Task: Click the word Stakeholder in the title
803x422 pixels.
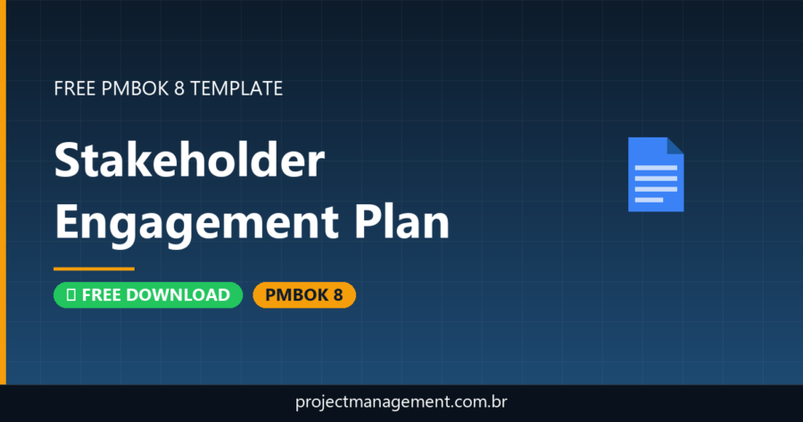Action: pos(188,161)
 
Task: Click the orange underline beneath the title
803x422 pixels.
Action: pos(94,268)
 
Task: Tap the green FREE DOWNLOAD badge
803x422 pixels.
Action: pos(148,295)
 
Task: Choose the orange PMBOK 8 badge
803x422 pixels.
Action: pos(304,295)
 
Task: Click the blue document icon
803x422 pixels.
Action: pos(656,174)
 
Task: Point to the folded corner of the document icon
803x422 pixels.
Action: pos(675,145)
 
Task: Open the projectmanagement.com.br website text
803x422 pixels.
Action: pos(401,402)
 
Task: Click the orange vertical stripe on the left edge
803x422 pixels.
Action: pos(3,192)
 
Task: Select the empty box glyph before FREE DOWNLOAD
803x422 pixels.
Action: pos(70,295)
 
